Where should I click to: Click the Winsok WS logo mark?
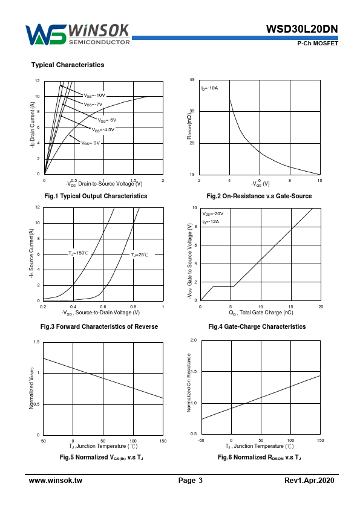(46, 34)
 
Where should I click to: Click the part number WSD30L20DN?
(302, 29)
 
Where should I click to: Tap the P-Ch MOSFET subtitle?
(318, 44)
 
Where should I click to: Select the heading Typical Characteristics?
(68, 65)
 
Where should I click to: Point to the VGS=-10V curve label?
(94, 96)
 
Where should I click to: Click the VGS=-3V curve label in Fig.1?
(91, 143)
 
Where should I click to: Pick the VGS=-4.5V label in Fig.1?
(103, 130)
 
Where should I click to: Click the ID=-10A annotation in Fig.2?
(209, 88)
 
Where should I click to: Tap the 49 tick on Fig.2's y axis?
(192, 80)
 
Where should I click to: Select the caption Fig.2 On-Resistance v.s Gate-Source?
(259, 196)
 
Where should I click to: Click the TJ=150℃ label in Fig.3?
(78, 253)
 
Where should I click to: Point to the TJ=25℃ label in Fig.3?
(140, 255)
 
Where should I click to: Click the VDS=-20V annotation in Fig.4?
(213, 214)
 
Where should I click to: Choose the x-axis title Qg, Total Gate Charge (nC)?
(261, 313)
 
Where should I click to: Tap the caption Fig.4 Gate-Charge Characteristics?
(257, 326)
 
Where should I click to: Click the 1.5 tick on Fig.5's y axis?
(36, 342)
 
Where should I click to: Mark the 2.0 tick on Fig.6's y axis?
(194, 340)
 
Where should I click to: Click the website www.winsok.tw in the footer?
(56, 481)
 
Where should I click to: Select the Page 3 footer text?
(191, 481)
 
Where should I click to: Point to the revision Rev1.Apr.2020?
(309, 481)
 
